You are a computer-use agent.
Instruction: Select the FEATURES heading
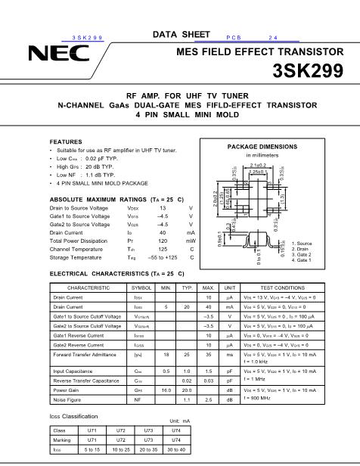tap(66, 142)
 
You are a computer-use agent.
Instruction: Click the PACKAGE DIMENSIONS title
tap(263, 146)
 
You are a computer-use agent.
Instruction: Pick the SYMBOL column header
tap(141, 288)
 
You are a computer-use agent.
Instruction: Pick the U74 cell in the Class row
tap(176, 430)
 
